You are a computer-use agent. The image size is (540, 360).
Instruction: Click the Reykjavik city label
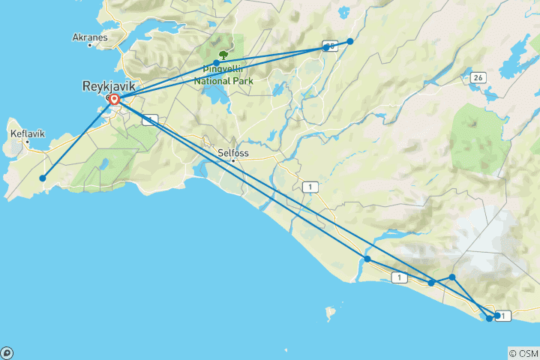coord(109,86)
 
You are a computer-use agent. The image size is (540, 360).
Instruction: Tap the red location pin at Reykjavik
coord(115,99)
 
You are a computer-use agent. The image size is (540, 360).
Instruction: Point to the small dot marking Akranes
coord(90,45)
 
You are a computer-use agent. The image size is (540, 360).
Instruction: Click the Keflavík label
coord(28,133)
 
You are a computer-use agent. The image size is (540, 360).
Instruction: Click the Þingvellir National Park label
coord(223,75)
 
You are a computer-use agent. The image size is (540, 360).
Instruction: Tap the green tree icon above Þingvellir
coord(223,55)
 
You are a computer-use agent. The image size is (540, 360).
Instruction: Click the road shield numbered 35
coord(331,46)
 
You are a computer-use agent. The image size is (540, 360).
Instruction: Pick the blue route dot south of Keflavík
coord(43,178)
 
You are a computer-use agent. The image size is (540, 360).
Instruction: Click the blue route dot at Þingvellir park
coord(216,63)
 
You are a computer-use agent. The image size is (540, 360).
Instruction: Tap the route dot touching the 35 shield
coord(325,49)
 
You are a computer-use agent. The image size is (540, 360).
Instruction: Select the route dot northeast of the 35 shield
coord(349,41)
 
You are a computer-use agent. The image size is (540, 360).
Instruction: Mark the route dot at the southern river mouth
coord(367,259)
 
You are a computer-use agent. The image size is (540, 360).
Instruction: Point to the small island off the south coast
coord(328,310)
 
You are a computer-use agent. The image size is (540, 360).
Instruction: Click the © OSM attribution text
coord(523,352)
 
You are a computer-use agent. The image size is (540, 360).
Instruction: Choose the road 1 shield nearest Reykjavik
coord(151,120)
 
